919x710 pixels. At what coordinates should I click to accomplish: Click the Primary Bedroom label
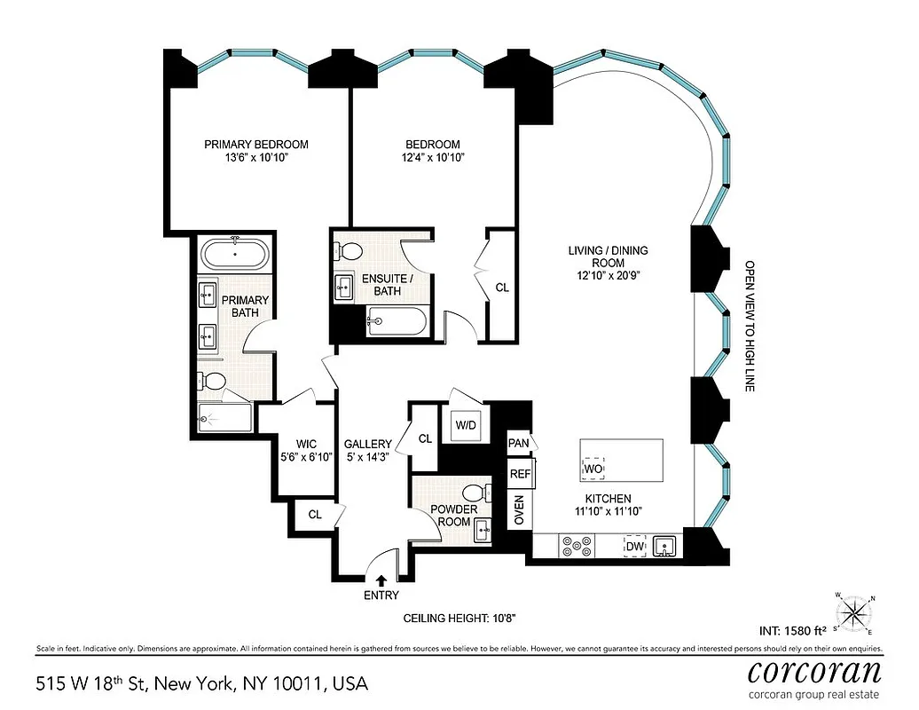(255, 145)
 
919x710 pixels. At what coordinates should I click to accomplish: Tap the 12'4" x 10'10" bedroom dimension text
(433, 158)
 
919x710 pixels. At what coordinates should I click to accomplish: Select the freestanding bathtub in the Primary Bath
(234, 255)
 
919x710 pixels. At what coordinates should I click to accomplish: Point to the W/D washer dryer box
(467, 424)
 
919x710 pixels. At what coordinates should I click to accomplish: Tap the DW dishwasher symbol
(634, 545)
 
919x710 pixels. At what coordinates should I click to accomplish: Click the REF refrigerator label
(519, 474)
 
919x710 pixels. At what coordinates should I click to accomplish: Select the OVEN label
(519, 508)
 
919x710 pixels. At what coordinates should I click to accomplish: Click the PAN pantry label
(518, 442)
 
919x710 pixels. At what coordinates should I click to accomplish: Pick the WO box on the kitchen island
(593, 467)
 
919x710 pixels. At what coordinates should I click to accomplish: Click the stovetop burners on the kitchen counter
(576, 546)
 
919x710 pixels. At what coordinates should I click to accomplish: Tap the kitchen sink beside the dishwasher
(665, 546)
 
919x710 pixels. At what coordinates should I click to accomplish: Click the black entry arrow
(381, 580)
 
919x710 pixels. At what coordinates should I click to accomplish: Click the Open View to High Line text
(749, 327)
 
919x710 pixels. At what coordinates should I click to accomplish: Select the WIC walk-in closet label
(294, 443)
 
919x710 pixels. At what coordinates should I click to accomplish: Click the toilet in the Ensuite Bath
(350, 251)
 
